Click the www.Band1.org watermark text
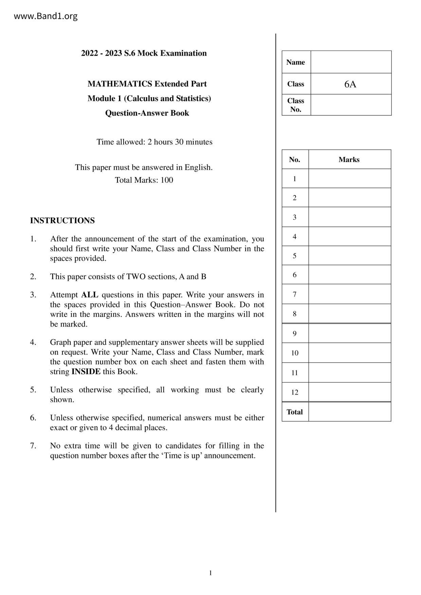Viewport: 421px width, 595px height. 45,16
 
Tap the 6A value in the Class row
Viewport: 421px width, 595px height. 350,84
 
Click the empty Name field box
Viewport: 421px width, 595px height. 351,62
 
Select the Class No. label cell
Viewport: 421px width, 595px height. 296,105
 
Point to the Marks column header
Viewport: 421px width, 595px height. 349,160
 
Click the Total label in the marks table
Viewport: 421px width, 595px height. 295,412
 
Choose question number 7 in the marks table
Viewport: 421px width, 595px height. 295,294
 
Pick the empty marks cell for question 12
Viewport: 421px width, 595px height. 349,392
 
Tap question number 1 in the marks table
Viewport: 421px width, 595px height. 295,179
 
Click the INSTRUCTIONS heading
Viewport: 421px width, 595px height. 62,220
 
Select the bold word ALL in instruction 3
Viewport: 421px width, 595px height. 90,295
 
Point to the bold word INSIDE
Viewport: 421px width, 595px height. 86,371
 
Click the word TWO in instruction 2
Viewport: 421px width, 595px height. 135,277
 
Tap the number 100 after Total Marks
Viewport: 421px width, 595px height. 167,180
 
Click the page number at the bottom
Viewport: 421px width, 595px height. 210,573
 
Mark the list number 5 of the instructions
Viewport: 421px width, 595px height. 33,390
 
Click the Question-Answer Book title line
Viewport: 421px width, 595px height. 147,113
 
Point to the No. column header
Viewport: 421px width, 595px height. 295,160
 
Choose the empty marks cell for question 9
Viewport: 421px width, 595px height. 349,334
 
